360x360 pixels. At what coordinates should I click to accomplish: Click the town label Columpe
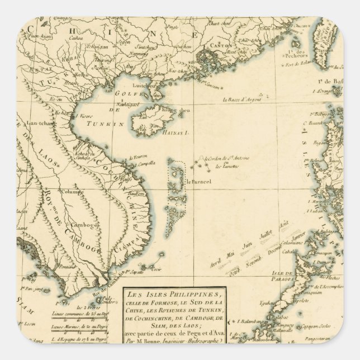click(x=72, y=191)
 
